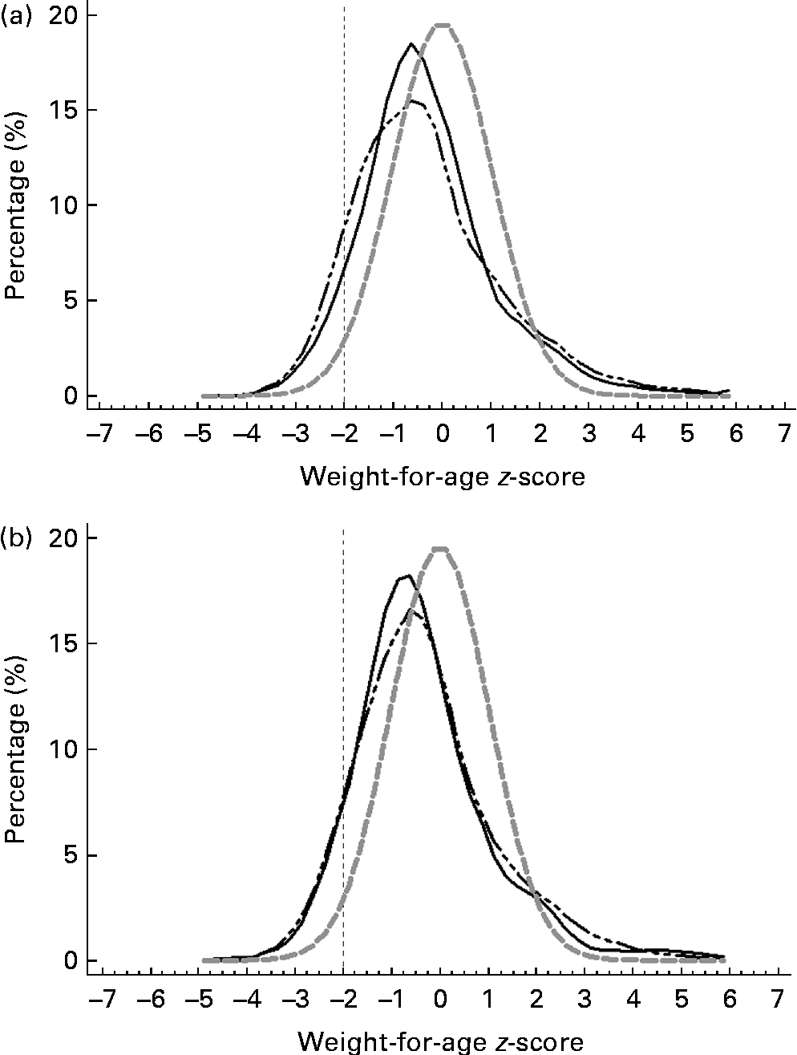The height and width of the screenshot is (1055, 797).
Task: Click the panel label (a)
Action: click(16, 15)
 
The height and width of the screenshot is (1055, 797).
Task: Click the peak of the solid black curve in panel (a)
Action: click(411, 44)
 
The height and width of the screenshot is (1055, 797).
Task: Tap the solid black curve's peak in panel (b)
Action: click(407, 575)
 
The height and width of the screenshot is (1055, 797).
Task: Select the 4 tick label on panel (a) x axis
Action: click(637, 435)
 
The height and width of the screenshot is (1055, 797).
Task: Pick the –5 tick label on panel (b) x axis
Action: click(197, 1000)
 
